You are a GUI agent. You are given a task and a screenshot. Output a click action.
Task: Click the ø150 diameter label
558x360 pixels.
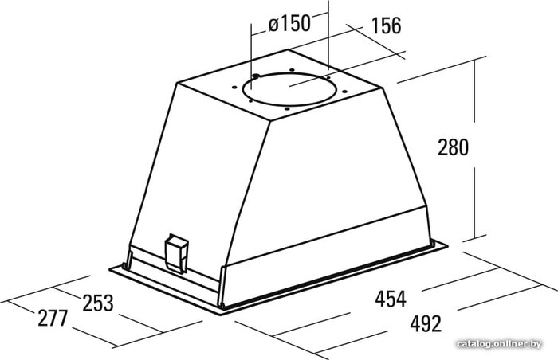click(289, 24)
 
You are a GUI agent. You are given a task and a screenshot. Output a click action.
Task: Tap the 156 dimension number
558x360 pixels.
click(386, 25)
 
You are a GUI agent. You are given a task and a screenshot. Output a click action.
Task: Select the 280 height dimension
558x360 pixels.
click(453, 147)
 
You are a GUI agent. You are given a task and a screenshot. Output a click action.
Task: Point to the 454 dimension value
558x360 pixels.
click(391, 299)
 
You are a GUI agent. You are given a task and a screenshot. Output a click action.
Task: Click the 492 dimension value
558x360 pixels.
click(426, 323)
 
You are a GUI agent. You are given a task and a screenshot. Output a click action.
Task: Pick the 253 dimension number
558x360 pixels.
click(98, 303)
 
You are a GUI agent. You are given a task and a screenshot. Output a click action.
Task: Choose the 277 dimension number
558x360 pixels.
click(53, 318)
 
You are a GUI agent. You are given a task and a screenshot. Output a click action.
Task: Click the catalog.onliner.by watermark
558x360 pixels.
click(499, 344)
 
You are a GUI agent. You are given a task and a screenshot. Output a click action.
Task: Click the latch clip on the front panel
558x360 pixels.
click(176, 253)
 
